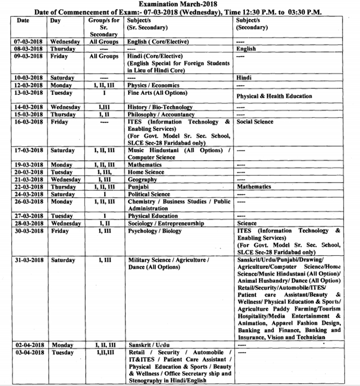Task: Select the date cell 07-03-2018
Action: (29, 41)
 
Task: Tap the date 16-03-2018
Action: (29, 122)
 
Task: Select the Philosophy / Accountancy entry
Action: (161, 114)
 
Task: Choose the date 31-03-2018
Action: (29, 260)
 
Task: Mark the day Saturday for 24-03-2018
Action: (63, 194)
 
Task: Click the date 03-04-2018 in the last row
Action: (29, 353)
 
